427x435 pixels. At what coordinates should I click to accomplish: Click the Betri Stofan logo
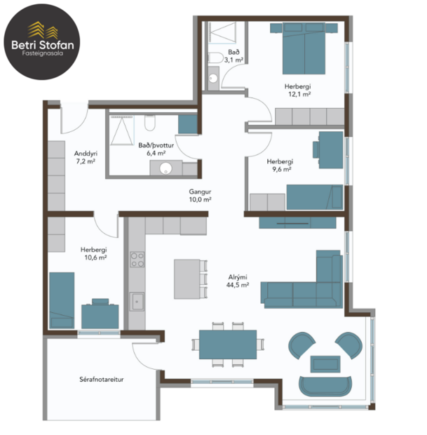41,39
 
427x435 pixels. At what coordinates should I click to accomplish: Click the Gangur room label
200,191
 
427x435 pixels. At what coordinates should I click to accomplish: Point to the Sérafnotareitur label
100,380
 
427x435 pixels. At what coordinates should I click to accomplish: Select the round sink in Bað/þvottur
165,168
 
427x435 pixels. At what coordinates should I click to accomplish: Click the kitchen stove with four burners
137,260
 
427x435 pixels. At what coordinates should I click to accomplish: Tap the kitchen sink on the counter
137,302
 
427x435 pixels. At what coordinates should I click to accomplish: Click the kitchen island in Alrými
186,279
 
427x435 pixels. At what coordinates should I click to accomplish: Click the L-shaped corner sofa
309,284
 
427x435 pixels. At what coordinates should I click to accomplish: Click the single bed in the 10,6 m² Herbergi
62,300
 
